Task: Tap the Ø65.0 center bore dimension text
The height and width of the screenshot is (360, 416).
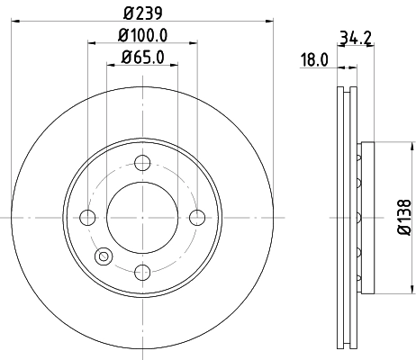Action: point(142,59)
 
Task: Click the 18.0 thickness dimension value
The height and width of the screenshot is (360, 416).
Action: point(312,59)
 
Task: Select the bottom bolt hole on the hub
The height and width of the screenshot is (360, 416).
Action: point(142,272)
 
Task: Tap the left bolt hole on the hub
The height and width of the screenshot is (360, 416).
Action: point(87,217)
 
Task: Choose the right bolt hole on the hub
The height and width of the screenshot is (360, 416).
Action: point(197,217)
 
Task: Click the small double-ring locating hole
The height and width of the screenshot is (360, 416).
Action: point(104,256)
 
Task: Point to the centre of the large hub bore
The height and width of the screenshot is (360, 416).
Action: point(142,217)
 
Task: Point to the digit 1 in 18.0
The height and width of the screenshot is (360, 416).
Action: point(303,59)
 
